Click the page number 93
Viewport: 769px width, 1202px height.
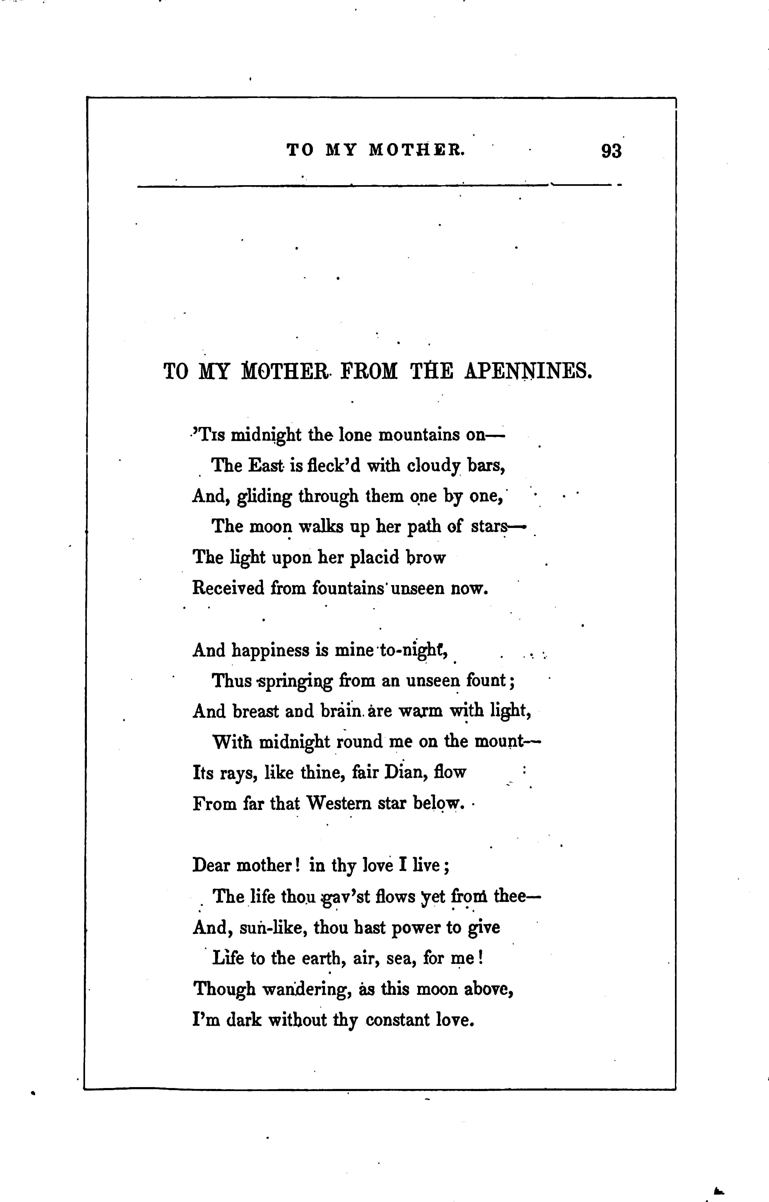[x=611, y=151]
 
